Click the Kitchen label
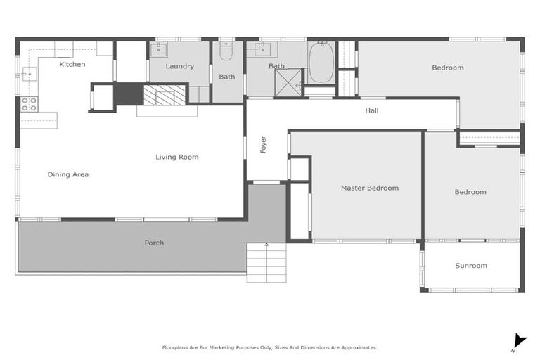[72, 65]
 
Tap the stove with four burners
[29, 104]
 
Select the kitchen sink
[29, 74]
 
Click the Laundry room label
[180, 66]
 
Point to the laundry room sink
[158, 49]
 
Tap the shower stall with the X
[288, 82]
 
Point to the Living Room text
[176, 157]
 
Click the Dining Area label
[68, 174]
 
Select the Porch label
[154, 243]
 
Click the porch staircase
[266, 262]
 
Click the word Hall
[371, 110]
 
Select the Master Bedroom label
[369, 188]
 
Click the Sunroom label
[470, 266]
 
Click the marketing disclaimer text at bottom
[270, 347]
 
